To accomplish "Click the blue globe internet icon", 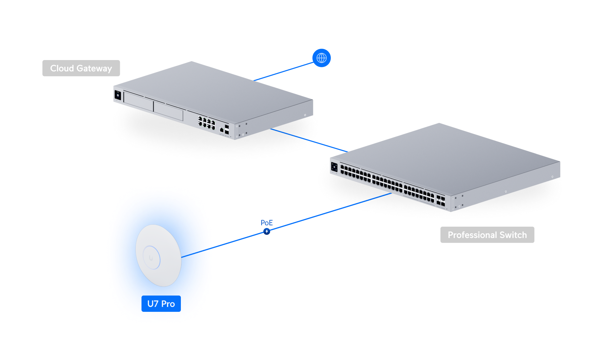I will click(x=321, y=58).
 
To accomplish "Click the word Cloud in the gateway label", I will click(x=62, y=69).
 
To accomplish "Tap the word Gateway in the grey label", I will click(x=94, y=69).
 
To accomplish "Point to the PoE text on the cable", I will click(x=267, y=223).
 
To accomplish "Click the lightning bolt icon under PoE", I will click(x=267, y=231).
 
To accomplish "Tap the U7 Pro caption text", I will click(x=161, y=304).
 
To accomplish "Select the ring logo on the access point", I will click(x=151, y=258).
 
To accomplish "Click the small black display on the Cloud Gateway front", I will click(x=118, y=95).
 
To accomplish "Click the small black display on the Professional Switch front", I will click(x=334, y=167).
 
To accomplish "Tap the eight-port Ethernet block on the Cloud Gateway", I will click(x=207, y=123).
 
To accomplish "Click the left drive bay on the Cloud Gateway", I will click(x=138, y=101).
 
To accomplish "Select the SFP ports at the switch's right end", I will click(x=441, y=201).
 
